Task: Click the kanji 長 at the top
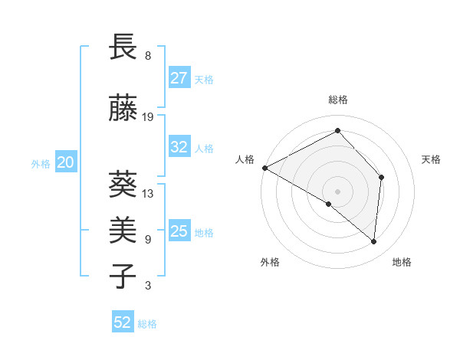(123, 47)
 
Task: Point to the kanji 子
(123, 275)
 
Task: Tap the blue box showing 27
(179, 79)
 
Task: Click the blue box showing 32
(179, 148)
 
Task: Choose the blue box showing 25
(179, 231)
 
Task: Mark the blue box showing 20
(66, 162)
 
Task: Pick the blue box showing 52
(123, 322)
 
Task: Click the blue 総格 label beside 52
(147, 324)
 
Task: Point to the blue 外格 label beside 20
(41, 163)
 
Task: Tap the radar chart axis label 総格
(337, 100)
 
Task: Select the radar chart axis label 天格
(431, 159)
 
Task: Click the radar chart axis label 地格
(402, 262)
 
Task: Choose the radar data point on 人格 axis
(264, 168)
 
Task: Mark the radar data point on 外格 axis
(329, 204)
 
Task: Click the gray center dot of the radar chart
(337, 191)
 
